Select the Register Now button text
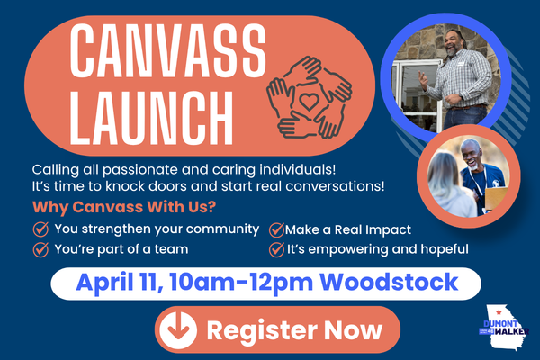pyautogui.click(x=294, y=329)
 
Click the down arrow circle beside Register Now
pyautogui.click(x=176, y=330)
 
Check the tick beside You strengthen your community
pyautogui.click(x=40, y=229)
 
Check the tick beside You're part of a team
pyautogui.click(x=40, y=249)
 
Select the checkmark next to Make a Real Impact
pyautogui.click(x=276, y=229)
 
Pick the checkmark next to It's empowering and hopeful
pyautogui.click(x=276, y=249)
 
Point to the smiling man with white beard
pyautogui.click(x=473, y=161)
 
